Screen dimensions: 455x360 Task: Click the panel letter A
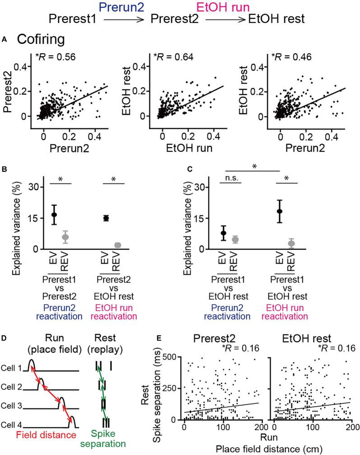pos(4,40)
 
